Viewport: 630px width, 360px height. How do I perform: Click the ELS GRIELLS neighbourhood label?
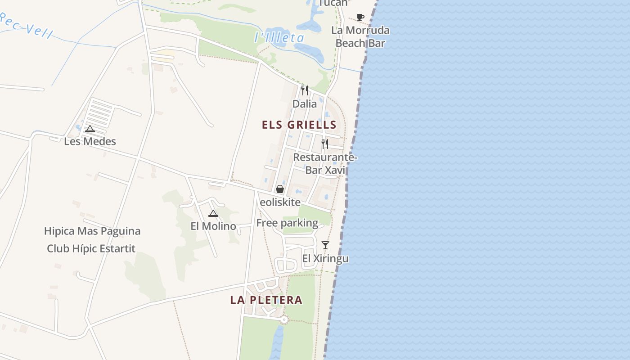[x=299, y=125]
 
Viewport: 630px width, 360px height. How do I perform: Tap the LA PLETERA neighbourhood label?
[x=266, y=300]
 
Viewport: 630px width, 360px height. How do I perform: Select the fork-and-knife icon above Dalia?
[x=305, y=90]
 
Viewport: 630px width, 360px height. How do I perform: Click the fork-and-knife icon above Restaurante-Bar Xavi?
[x=325, y=144]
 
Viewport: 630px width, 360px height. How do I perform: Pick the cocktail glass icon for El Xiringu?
[x=325, y=245]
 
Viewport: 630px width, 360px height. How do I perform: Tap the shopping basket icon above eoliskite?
[x=280, y=189]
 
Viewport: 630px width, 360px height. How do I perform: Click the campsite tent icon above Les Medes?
[x=90, y=129]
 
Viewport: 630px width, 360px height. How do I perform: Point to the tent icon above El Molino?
[x=213, y=213]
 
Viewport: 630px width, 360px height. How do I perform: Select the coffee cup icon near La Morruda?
[x=360, y=17]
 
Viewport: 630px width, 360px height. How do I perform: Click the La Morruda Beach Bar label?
[x=360, y=36]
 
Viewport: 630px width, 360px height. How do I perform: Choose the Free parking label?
[x=287, y=223]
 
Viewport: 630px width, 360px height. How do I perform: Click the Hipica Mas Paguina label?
[x=92, y=231]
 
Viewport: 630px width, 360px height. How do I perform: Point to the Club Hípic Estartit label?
[x=91, y=248]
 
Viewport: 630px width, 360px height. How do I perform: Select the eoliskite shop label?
[x=280, y=202]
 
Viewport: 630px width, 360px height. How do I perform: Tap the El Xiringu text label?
[x=325, y=259]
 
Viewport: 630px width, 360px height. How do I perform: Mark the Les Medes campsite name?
[x=90, y=141]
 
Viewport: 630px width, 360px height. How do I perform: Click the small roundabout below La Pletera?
[x=283, y=320]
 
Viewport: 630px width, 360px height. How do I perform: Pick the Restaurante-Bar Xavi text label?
[x=325, y=164]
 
